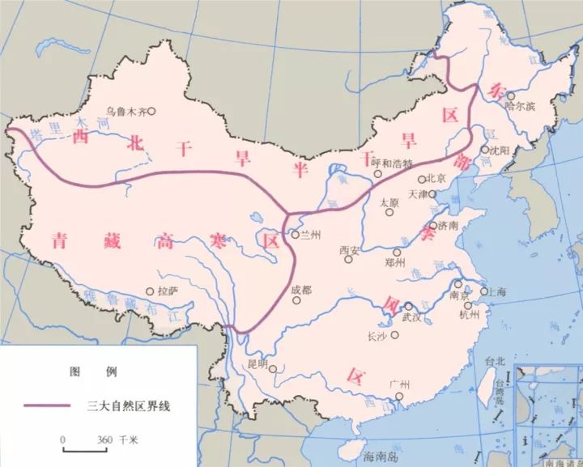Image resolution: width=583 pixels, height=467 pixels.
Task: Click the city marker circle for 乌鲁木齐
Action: tap(151, 112)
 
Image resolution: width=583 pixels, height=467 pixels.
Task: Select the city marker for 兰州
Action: tap(295, 235)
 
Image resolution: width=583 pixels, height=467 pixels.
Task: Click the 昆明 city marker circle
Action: tap(274, 370)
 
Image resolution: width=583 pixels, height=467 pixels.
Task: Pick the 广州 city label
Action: tap(399, 384)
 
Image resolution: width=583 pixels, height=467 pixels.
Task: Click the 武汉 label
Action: tap(412, 316)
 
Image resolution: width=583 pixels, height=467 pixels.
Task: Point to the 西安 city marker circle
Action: tap(353, 261)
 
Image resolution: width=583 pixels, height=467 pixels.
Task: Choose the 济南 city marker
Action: tap(433, 226)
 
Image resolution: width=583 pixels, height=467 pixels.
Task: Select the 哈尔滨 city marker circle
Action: tap(510, 96)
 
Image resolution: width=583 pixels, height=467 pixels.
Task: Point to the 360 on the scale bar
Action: tap(104, 439)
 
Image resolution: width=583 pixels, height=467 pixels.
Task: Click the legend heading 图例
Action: tap(94, 372)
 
